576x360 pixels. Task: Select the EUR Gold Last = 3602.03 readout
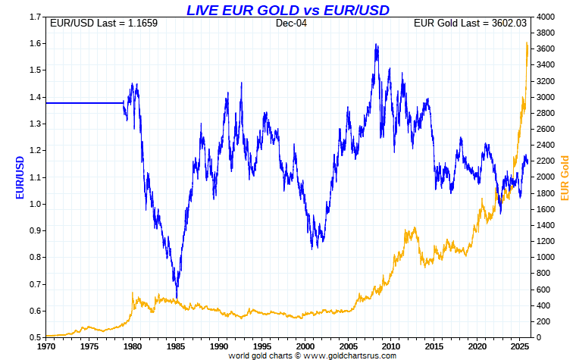[469, 23]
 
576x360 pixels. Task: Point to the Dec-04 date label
[290, 23]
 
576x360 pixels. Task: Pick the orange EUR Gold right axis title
[564, 177]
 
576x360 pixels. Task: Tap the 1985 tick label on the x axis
[176, 346]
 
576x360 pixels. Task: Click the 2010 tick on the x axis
[391, 346]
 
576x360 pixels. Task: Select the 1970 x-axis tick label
[46, 346]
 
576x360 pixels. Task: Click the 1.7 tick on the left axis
[35, 17]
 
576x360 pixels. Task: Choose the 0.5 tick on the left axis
[35, 337]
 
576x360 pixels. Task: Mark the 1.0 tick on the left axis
[35, 204]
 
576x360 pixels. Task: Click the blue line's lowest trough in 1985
[177, 297]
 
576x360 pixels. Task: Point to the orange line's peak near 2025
[527, 43]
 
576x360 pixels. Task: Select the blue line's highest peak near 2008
[377, 44]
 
